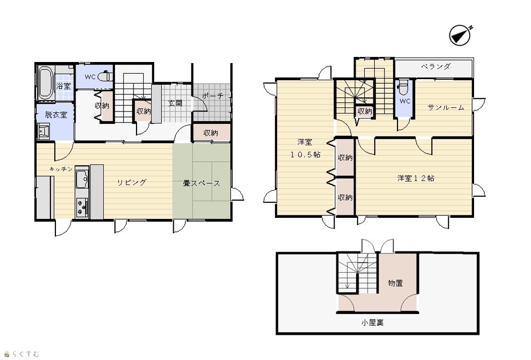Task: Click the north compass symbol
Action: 460,35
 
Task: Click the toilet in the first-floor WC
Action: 105,76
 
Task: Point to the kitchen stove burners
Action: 82,208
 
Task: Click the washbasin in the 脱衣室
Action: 44,132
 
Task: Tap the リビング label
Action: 131,183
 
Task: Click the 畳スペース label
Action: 202,184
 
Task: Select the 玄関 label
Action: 175,103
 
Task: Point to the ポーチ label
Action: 213,96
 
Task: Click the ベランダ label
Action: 436,67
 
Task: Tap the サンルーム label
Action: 446,107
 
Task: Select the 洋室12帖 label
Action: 416,178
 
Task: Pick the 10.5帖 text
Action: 305,155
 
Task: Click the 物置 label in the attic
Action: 395,283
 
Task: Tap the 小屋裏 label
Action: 372,322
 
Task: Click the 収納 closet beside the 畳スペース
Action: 211,133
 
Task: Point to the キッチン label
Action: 61,169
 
